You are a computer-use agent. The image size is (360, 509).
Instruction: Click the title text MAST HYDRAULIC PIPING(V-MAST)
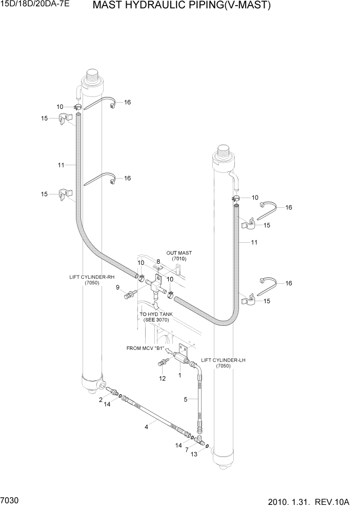tap(182, 6)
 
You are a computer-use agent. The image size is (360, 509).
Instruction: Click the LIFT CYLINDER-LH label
tap(223, 360)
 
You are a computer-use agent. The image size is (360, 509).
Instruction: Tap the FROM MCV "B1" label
tap(145, 348)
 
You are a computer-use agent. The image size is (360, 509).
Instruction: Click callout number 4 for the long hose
tap(146, 426)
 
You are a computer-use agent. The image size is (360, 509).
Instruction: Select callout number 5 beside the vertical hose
tap(186, 399)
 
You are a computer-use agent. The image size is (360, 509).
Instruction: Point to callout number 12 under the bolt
tap(162, 379)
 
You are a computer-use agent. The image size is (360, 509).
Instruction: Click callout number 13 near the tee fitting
tap(194, 454)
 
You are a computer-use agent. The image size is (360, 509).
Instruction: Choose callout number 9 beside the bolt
tap(117, 287)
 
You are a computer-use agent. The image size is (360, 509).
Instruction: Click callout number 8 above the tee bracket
tap(158, 261)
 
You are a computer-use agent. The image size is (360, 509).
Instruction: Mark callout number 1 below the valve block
tap(179, 375)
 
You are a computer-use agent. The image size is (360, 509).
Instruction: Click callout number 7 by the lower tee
tap(187, 449)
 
